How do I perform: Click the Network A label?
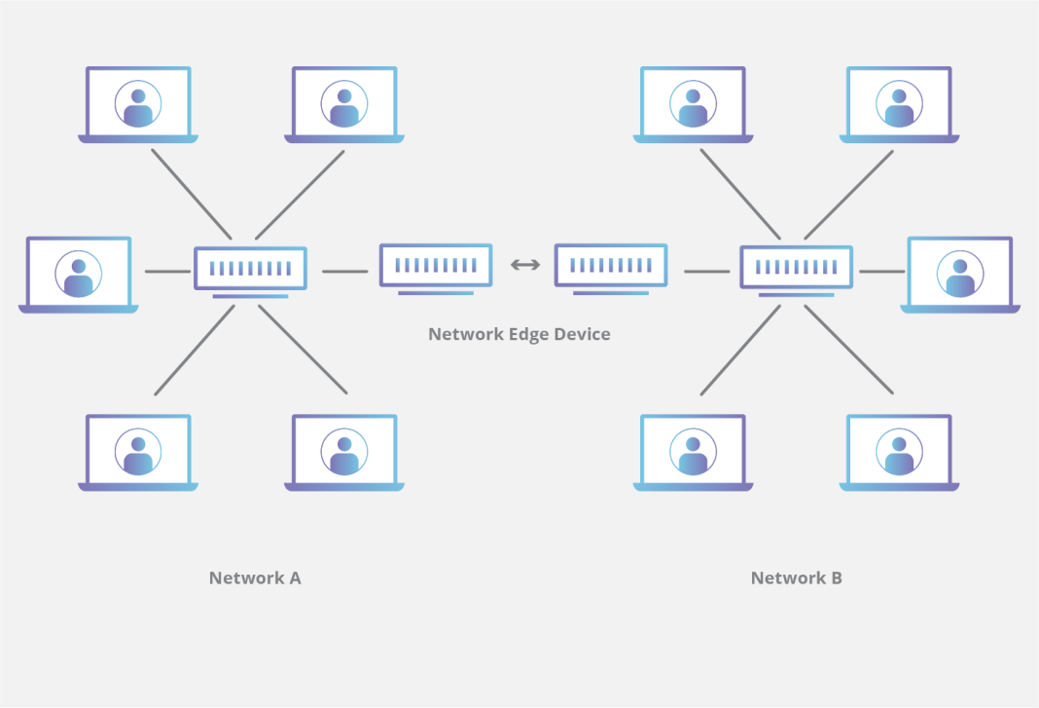(x=255, y=578)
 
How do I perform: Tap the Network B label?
(x=796, y=578)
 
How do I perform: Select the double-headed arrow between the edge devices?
(x=525, y=264)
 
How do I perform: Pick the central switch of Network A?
(x=250, y=268)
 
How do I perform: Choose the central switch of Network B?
(x=796, y=268)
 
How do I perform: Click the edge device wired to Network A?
(x=436, y=265)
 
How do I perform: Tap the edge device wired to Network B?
(x=611, y=265)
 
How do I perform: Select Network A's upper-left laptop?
(x=138, y=103)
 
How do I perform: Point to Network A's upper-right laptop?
(x=344, y=103)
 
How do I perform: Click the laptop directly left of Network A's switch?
(x=79, y=273)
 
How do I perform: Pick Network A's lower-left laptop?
(x=138, y=451)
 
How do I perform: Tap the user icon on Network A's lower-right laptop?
(x=344, y=451)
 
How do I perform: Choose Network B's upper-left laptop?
(x=693, y=103)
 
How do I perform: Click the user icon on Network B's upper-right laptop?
(x=899, y=103)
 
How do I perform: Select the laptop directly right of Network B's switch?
(x=960, y=273)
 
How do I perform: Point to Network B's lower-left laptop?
(x=693, y=451)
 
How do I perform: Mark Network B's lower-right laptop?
(x=899, y=451)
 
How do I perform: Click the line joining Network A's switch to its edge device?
(x=344, y=272)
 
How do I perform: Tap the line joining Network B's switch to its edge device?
(x=706, y=272)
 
